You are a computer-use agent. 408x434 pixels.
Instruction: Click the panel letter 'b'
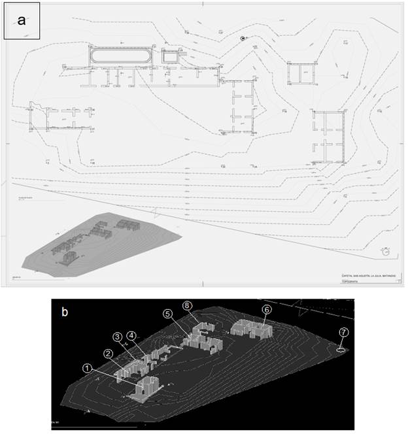click(x=65, y=312)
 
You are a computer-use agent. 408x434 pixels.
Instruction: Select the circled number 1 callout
click(x=88, y=368)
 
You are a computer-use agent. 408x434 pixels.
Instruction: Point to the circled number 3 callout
click(x=118, y=337)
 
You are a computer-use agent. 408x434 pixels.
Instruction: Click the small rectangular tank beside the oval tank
click(x=170, y=57)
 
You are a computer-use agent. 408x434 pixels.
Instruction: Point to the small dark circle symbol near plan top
click(x=243, y=38)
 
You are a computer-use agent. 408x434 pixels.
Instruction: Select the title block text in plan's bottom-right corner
click(x=366, y=276)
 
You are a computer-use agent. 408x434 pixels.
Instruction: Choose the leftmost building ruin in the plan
click(x=62, y=118)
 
